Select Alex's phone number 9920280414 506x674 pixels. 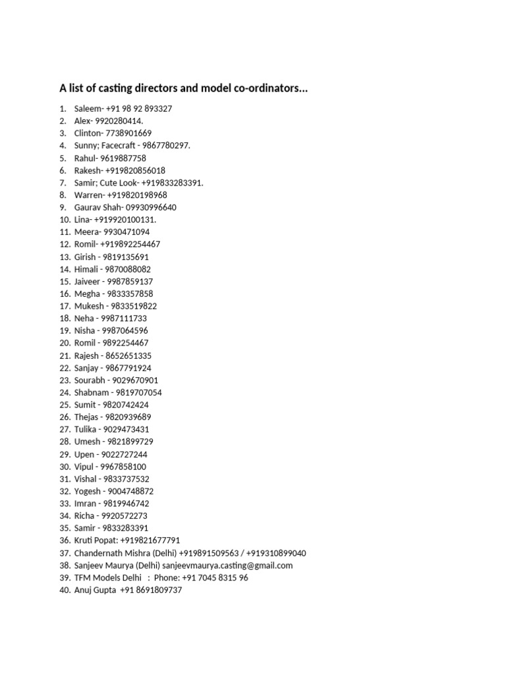pyautogui.click(x=119, y=121)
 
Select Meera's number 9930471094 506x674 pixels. pyautogui.click(x=125, y=232)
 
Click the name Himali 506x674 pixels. pyautogui.click(x=86, y=269)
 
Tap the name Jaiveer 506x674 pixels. pyautogui.click(x=87, y=281)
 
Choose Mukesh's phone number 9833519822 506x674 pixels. pyautogui.click(x=134, y=306)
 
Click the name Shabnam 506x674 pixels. pyautogui.click(x=92, y=392)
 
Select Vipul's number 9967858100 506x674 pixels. pyautogui.click(x=123, y=467)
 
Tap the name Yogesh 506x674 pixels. pyautogui.click(x=88, y=491)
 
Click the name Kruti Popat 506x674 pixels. pyautogui.click(x=96, y=540)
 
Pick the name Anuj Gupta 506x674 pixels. pyautogui.click(x=95, y=590)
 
